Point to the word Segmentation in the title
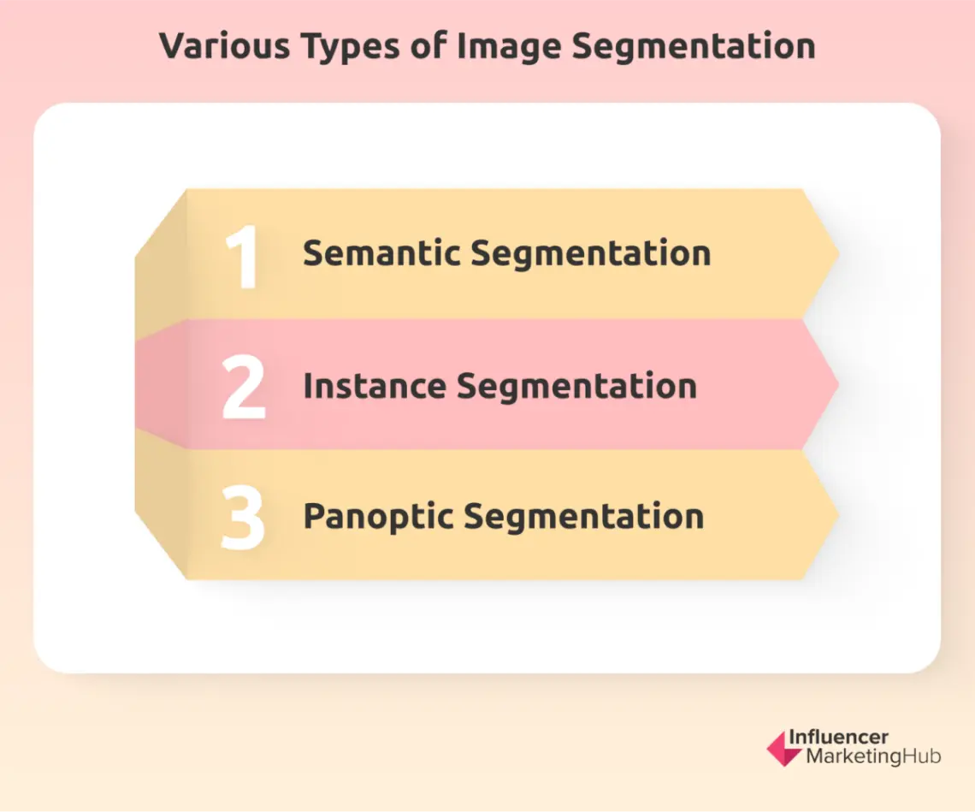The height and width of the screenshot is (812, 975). tap(694, 46)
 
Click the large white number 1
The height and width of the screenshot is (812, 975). tap(244, 257)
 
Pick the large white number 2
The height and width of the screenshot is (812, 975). tap(243, 387)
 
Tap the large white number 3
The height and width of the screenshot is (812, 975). tap(243, 518)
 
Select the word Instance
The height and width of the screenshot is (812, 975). tap(374, 386)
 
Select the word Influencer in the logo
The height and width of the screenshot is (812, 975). tap(838, 738)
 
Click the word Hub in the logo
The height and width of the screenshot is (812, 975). tap(923, 757)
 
